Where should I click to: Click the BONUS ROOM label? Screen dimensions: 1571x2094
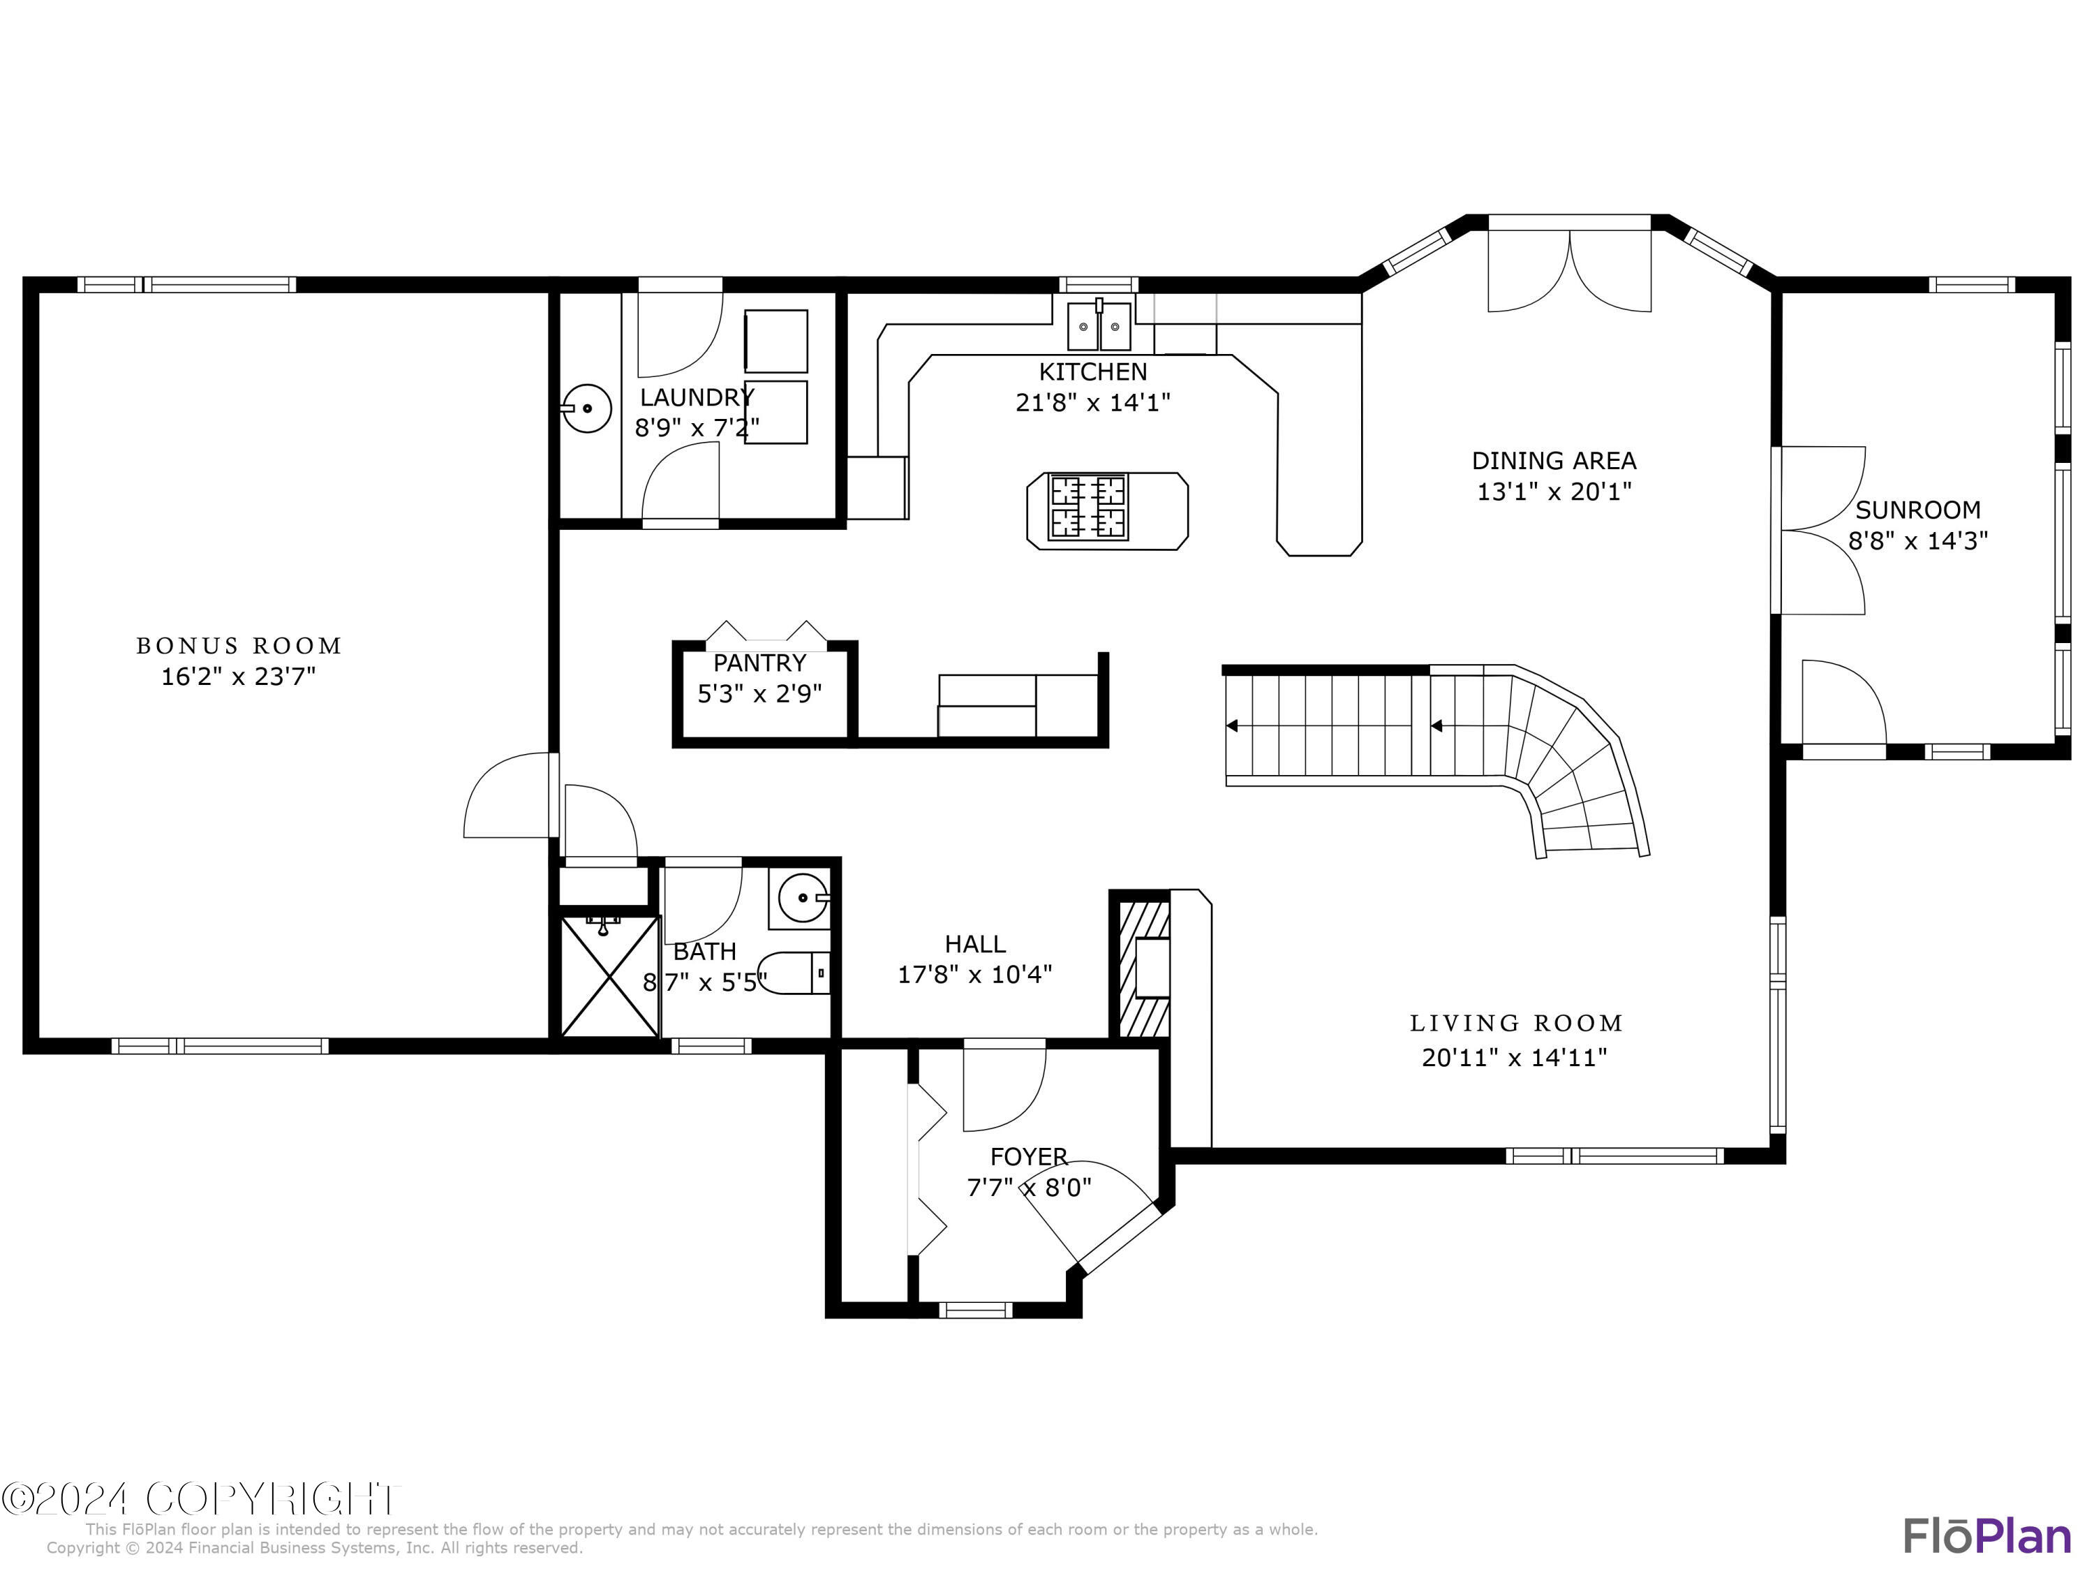[x=239, y=646]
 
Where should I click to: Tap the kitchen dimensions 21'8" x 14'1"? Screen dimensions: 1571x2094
[x=1092, y=402]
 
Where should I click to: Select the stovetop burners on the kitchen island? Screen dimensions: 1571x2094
[x=1087, y=507]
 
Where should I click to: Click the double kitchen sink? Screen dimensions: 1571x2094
[x=1099, y=327]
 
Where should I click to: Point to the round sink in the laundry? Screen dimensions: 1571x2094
[x=586, y=408]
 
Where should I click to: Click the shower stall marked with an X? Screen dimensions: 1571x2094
[x=609, y=976]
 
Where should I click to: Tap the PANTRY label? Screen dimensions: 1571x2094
[x=759, y=663]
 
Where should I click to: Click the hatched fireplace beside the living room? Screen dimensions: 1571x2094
[x=1143, y=968]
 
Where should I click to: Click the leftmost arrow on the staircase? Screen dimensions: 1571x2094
[x=1231, y=726]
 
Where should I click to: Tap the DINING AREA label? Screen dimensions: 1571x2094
[x=1554, y=461]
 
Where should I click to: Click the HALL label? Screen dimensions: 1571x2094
[x=974, y=944]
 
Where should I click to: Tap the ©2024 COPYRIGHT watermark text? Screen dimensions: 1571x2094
[x=201, y=1499]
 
